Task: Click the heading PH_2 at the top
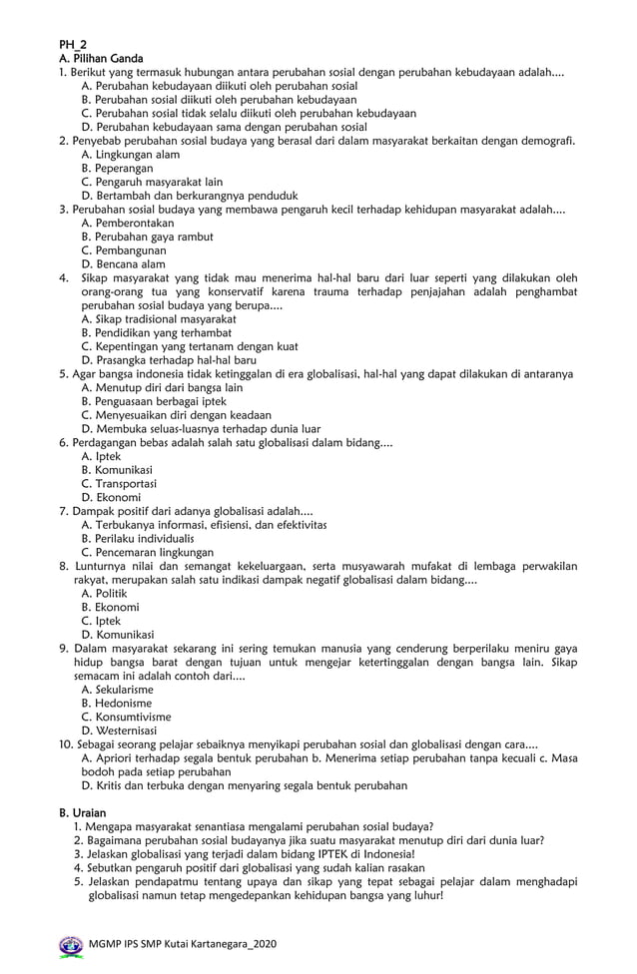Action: tap(74, 45)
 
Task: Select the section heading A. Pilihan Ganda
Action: tap(101, 59)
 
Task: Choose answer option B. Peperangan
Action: tap(117, 169)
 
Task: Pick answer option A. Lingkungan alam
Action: tap(130, 155)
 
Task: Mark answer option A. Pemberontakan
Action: tap(127, 224)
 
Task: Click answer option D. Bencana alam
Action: tap(123, 264)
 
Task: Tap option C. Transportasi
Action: tap(119, 483)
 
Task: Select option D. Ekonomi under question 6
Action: tap(111, 497)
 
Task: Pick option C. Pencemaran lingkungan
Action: tap(147, 552)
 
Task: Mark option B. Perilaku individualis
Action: tap(138, 538)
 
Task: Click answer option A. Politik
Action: tap(104, 593)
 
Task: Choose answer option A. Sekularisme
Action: tap(117, 689)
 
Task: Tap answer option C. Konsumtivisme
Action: tap(126, 717)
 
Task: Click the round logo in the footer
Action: tap(71, 944)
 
